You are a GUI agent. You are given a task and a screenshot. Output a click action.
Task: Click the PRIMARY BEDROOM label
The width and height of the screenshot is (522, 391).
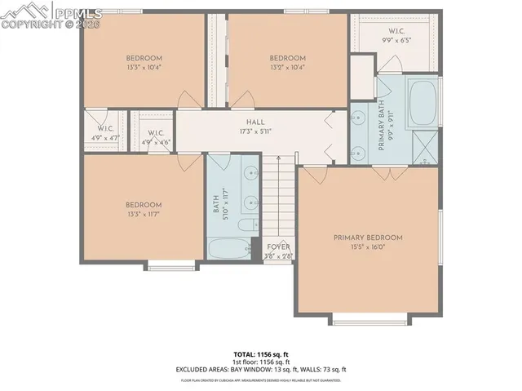pos(368,238)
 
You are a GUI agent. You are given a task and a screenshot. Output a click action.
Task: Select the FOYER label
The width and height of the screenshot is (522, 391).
pos(278,247)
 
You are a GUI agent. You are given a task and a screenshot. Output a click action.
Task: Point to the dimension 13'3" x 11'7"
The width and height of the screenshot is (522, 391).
pos(144,215)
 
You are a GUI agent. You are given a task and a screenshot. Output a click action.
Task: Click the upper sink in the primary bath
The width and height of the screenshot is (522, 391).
pos(357,118)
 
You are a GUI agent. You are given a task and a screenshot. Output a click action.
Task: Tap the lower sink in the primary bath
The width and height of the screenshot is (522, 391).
pos(357,151)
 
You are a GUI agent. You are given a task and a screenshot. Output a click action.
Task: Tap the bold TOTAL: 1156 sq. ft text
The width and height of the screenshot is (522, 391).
pos(260,354)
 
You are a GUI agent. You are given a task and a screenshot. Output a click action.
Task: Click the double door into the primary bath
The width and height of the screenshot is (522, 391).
pos(385,173)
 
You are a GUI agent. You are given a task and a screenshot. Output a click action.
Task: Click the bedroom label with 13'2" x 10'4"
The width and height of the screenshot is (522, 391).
pos(287,62)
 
